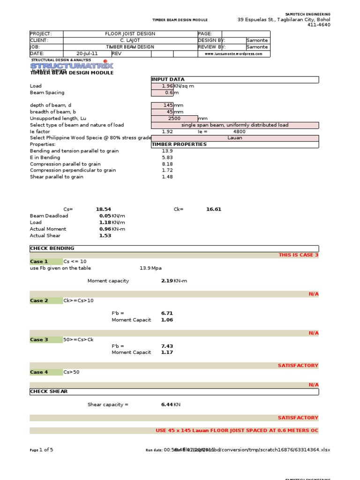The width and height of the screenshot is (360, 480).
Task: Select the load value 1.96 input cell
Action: point(162,86)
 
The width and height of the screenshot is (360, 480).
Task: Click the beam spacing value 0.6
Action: point(162,93)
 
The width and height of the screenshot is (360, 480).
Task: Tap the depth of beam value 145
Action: point(162,105)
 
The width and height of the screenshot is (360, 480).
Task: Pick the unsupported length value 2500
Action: point(174,119)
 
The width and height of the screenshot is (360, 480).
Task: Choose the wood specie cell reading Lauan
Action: point(234,138)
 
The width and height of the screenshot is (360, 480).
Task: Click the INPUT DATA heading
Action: point(168,80)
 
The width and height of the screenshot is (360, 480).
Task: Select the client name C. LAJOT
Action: point(130,40)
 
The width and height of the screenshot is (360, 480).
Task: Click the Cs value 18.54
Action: point(104,209)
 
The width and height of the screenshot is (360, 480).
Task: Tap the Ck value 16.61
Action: point(214,209)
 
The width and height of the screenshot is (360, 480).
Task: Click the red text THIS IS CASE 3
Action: point(298,255)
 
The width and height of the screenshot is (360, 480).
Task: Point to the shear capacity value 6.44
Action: point(167,404)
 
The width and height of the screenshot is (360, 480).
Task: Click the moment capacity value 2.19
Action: point(167,281)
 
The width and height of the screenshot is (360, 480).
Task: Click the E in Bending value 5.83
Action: point(167,157)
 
